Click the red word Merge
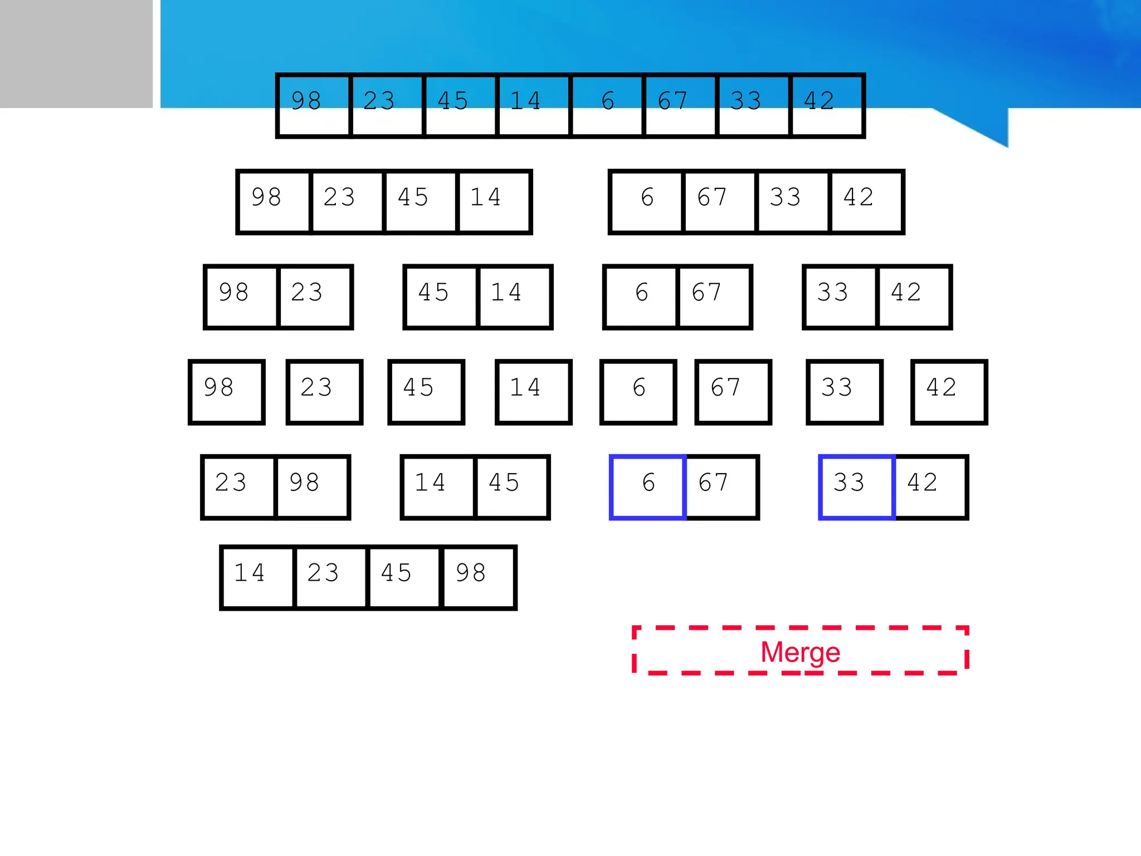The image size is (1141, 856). point(800,651)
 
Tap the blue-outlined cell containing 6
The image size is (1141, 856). point(648,487)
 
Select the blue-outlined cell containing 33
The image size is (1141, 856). point(857,487)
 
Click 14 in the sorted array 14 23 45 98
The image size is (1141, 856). point(257,577)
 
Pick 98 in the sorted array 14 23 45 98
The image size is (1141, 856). point(478,577)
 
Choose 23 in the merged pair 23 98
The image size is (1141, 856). point(238,487)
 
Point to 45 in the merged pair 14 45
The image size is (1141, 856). point(511,487)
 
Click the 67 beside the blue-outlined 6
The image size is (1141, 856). point(721,487)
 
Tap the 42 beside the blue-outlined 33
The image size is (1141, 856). point(930,487)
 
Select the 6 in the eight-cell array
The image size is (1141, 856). point(607,105)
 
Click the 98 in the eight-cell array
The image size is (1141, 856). point(314,105)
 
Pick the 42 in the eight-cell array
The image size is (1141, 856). point(827,105)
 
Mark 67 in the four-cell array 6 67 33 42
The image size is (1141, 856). point(719,202)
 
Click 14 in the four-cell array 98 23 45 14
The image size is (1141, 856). point(493,202)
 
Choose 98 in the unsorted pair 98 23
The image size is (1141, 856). point(241,297)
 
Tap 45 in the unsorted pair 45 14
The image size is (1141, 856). point(441,297)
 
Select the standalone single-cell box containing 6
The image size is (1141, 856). point(638,392)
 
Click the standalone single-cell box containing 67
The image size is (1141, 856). point(733,392)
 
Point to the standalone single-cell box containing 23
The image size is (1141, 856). point(324,392)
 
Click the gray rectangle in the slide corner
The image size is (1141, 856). point(76,53)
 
